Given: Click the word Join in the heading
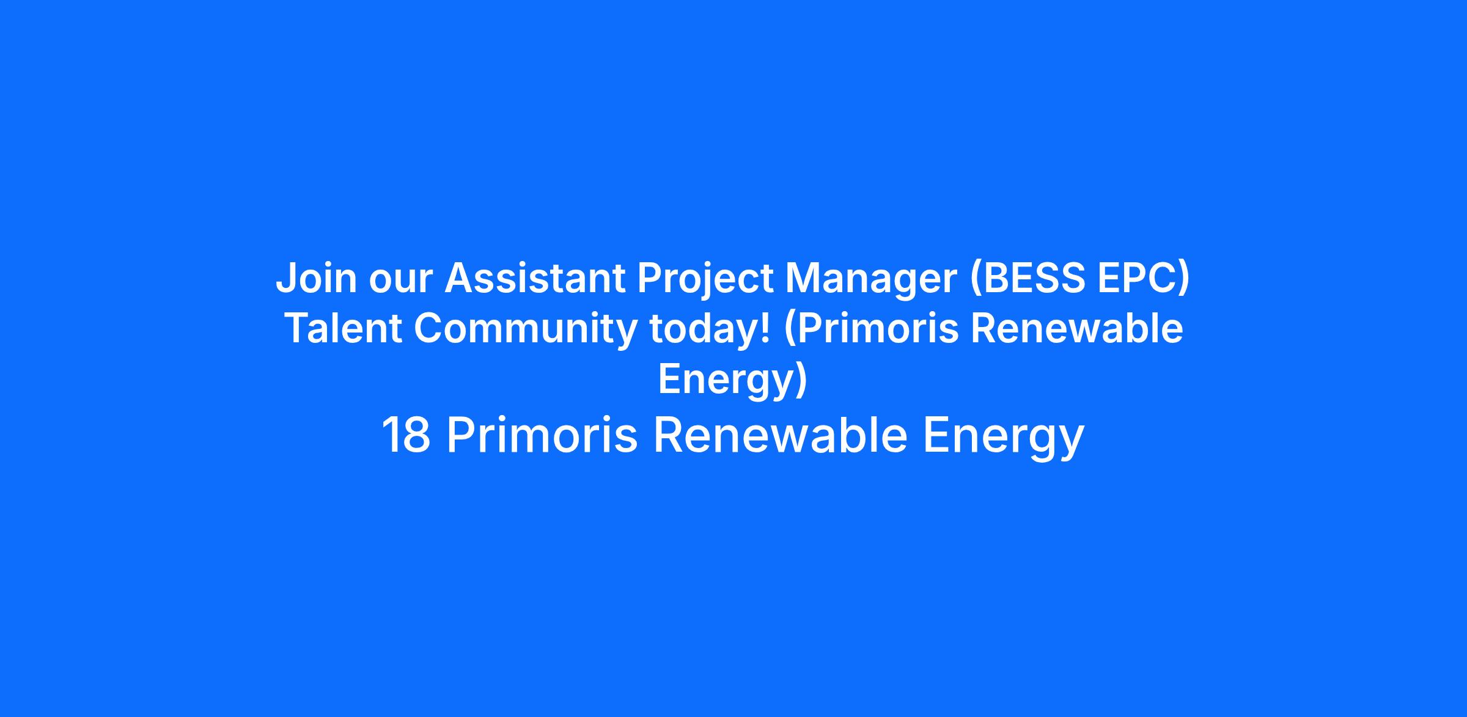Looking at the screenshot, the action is point(316,278).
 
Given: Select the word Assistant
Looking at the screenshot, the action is point(535,278).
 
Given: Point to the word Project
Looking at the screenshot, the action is point(705,281).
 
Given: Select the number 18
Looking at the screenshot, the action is point(406,435).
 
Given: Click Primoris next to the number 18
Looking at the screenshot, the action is point(542,435).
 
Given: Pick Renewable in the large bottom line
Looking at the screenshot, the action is point(781,435).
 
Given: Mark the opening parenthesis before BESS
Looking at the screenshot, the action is point(976,280).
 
